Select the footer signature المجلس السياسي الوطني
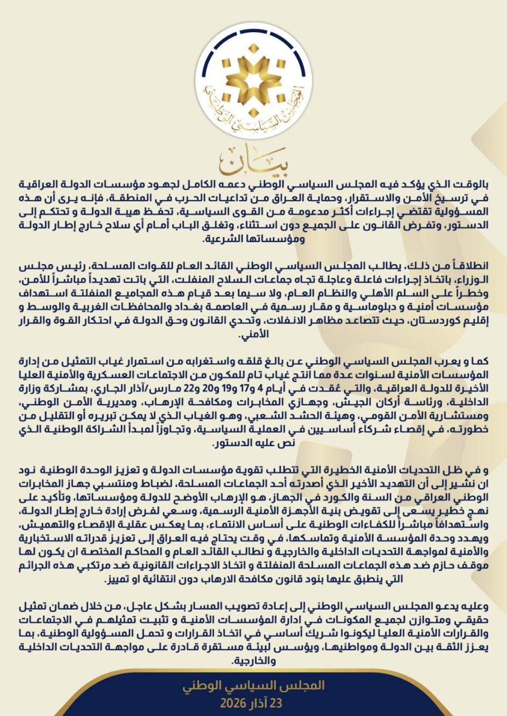coord(253,685)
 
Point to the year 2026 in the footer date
coord(233,703)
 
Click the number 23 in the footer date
coord(276,703)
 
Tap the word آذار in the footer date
coord(258,703)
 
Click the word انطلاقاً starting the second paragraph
coord(467,266)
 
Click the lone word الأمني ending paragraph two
coord(254,334)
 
